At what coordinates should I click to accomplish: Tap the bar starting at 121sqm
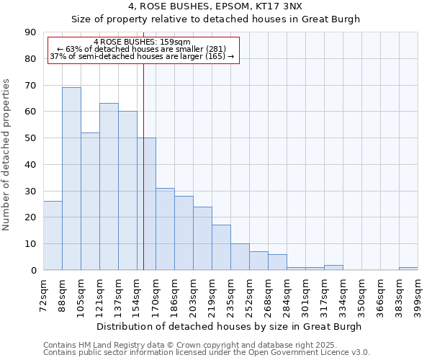tap(109, 186)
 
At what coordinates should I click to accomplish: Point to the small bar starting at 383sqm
tap(408, 269)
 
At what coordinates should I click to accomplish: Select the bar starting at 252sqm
tap(258, 261)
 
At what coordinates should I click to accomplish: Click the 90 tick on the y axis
tap(31, 32)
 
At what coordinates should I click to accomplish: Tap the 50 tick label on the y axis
tap(31, 138)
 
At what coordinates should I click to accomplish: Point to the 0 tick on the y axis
tap(34, 271)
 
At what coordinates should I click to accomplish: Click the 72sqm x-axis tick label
tap(44, 293)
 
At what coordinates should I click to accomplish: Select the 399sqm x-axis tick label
tap(418, 293)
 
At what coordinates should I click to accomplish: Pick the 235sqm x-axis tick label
tap(230, 293)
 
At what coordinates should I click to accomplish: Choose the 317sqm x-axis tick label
tap(324, 293)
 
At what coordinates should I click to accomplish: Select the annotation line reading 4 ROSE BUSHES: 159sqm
tap(142, 42)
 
